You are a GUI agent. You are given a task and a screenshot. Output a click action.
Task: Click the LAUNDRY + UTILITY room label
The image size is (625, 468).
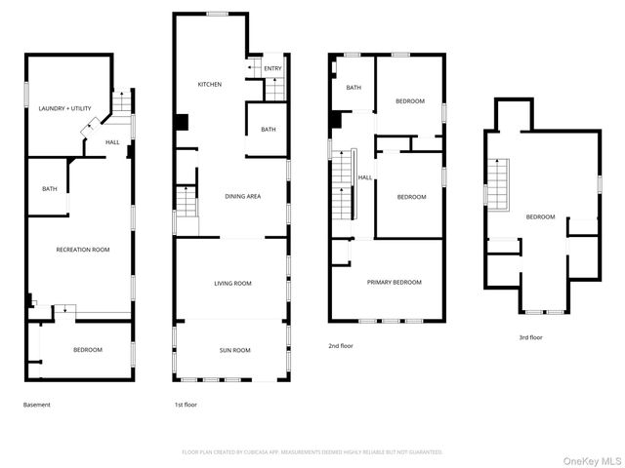coord(64,108)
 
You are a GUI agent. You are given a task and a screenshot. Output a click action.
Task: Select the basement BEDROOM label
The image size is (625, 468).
coord(87,349)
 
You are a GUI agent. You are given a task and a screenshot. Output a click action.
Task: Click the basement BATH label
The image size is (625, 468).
coord(48,189)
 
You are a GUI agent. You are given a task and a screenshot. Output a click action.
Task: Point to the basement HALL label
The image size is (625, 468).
coord(112,142)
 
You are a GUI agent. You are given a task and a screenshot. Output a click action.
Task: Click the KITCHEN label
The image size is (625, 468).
coord(210,85)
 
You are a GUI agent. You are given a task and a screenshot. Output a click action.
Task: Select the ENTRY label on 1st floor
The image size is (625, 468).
coord(272,68)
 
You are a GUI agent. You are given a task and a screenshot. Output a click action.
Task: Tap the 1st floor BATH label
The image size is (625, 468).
coord(268,130)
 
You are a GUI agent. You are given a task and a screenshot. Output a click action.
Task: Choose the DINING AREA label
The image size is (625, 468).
coord(242,197)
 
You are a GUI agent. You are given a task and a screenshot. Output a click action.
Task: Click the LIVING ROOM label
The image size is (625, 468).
coord(232,284)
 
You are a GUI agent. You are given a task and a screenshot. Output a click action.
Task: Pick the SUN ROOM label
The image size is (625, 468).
coord(233,350)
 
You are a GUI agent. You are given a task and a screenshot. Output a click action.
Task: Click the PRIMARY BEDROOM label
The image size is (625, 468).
coord(394,282)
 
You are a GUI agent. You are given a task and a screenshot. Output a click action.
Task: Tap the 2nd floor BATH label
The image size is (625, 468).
coord(354,88)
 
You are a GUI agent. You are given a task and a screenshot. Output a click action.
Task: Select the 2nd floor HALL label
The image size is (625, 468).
coord(364,177)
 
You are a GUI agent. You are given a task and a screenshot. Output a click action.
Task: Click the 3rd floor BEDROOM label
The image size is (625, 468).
coord(540,216)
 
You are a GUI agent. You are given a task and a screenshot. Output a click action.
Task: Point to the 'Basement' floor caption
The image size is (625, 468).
coord(37,405)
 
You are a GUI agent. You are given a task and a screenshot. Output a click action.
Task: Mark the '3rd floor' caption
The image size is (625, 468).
coord(530,337)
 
